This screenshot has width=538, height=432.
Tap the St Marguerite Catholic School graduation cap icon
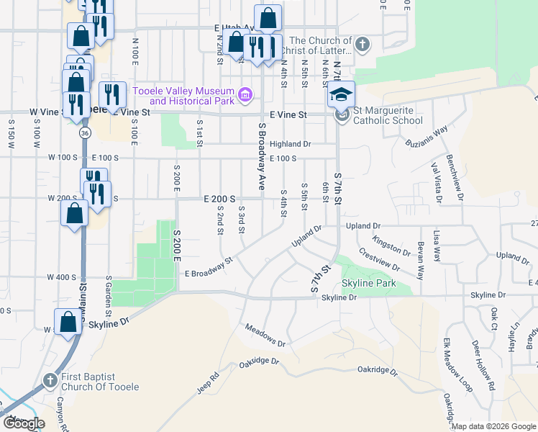tap(342, 95)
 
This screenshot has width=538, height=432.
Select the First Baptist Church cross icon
tap(50, 379)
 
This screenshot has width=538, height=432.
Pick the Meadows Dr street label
tap(265, 335)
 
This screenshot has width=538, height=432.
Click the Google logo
tap(24, 423)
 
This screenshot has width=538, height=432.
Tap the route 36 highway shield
tap(85, 134)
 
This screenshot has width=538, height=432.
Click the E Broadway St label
tap(209, 269)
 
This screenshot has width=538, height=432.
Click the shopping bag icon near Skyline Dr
tap(68, 321)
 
